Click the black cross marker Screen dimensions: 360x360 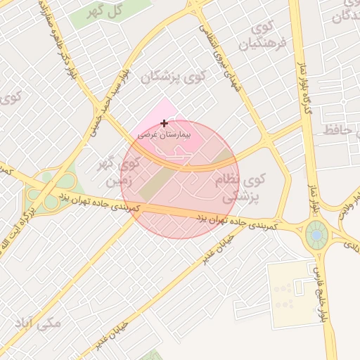(x=165, y=123)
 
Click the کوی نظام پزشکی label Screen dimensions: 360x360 (x=239, y=189)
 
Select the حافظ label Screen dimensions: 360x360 (x=340, y=130)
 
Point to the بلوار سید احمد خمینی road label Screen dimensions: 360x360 (x=109, y=98)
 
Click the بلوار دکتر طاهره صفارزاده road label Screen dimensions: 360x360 (x=64, y=42)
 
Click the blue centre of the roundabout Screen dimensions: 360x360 (x=316, y=234)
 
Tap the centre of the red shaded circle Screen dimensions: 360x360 (x=180, y=179)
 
